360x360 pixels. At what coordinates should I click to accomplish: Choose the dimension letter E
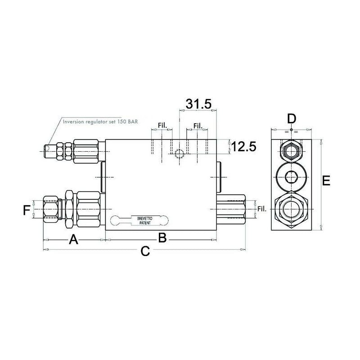pos(327,181)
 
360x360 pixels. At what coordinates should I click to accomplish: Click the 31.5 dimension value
pos(198,104)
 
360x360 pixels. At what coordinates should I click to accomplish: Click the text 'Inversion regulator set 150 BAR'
pos(100,121)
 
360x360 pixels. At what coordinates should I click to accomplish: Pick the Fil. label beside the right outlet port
pos(262,208)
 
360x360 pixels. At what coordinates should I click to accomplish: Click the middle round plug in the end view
pos(291,175)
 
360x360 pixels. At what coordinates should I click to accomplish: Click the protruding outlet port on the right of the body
pos(231,209)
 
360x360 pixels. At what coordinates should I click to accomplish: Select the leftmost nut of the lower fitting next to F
pos(50,209)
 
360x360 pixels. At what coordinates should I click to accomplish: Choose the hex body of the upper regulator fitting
pos(88,151)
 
